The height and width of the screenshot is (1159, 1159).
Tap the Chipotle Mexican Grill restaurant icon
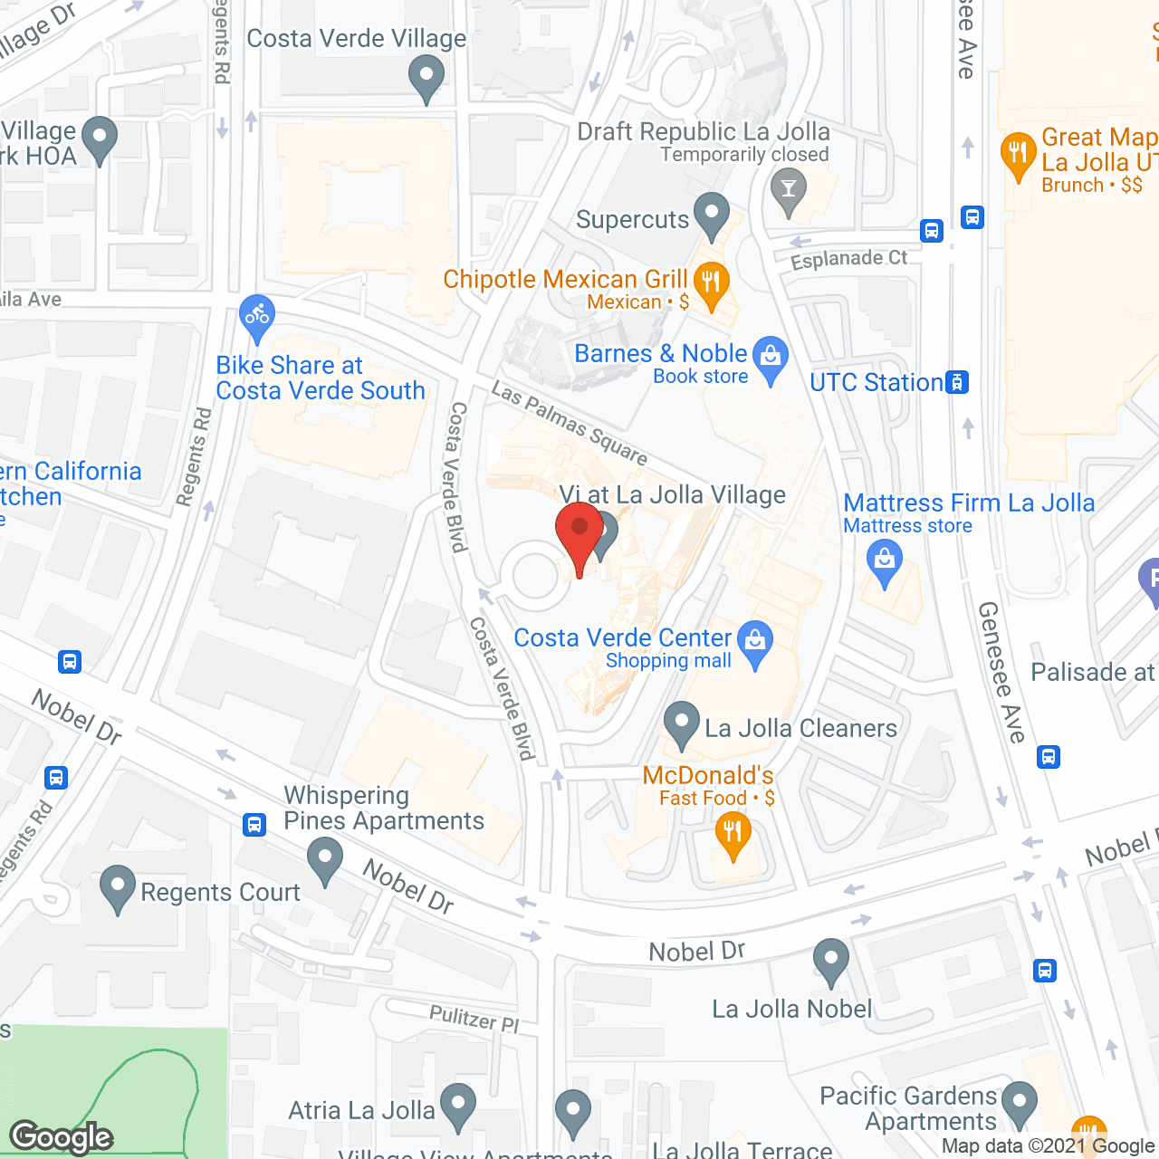point(712,283)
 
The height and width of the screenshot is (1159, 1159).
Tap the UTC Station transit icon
point(957,382)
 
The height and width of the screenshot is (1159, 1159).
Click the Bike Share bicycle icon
point(257,316)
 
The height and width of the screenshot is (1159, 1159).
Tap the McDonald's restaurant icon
point(733,832)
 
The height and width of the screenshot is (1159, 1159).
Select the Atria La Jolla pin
point(458,1105)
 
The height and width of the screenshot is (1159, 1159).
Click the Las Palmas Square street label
point(569,423)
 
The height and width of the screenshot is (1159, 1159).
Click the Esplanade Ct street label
point(848,260)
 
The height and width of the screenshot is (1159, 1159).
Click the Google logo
point(61,1137)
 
